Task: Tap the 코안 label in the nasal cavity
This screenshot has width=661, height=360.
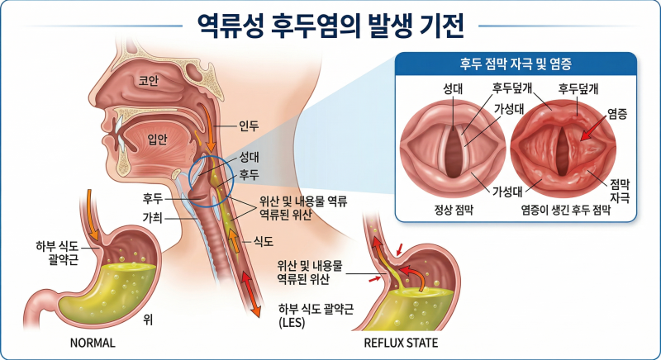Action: pos(149,80)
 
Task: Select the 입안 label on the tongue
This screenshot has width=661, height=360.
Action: pos(157,140)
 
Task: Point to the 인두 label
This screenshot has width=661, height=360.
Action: pos(249,126)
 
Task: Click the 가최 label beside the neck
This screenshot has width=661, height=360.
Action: pos(152,218)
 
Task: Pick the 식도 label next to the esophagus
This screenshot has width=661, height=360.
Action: pos(264,241)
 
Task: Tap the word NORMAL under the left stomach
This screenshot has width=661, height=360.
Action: pos(93,343)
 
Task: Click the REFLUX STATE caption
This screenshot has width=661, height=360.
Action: pos(401,343)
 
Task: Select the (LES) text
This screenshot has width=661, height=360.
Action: pos(292,323)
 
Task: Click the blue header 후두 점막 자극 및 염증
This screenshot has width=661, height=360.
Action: pos(516,64)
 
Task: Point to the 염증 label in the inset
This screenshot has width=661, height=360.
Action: pos(617,114)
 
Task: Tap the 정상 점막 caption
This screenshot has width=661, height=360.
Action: pos(454,210)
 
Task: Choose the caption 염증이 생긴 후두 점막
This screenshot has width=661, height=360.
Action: pos(566,210)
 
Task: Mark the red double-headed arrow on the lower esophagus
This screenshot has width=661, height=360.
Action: pos(251,293)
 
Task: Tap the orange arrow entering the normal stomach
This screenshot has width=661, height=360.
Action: pos(92,215)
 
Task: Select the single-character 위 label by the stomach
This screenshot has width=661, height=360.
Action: pos(148,320)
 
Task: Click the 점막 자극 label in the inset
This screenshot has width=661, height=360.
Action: pos(620,191)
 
